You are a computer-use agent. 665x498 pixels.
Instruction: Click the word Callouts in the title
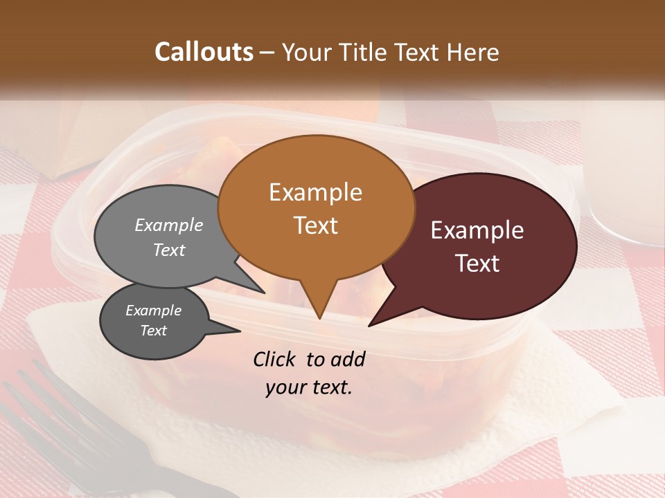pyautogui.click(x=204, y=52)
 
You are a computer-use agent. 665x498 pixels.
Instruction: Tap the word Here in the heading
pyautogui.click(x=472, y=52)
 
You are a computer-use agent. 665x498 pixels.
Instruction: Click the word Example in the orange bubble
pyautogui.click(x=315, y=192)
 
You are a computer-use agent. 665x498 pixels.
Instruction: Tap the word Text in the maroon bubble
pyautogui.click(x=477, y=264)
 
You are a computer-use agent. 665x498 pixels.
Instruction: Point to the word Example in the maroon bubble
pyautogui.click(x=477, y=230)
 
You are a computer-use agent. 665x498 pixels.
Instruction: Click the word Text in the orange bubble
pyautogui.click(x=315, y=225)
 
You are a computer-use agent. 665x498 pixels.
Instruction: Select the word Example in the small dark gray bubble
pyautogui.click(x=153, y=311)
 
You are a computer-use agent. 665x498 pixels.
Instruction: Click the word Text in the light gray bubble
pyautogui.click(x=169, y=250)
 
